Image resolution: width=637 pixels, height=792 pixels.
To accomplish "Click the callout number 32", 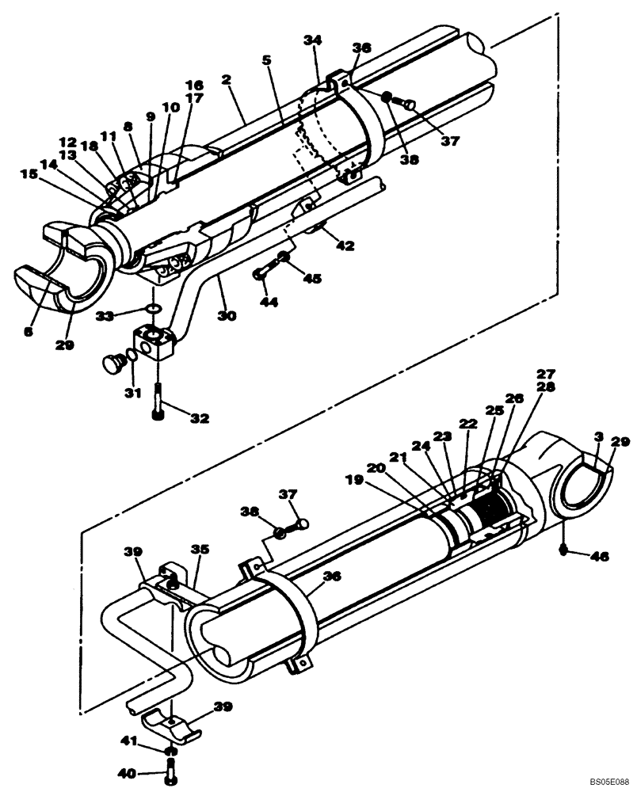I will click(200, 417).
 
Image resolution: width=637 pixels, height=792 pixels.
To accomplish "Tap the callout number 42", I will click(346, 246).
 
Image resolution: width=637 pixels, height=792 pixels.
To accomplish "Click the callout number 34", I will click(314, 41).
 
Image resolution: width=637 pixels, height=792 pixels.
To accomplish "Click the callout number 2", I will click(226, 80).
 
